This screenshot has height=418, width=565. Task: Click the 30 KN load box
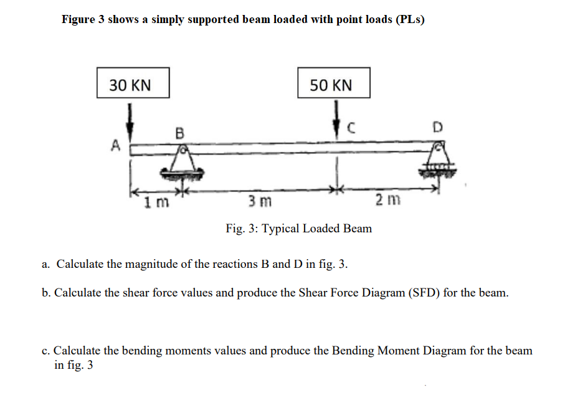(x=133, y=83)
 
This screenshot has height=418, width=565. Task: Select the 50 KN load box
(x=334, y=83)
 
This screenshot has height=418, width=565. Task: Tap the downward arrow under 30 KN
(x=130, y=120)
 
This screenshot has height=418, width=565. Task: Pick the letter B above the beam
(x=180, y=133)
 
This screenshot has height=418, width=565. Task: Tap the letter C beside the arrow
(x=351, y=129)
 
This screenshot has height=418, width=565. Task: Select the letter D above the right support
(x=438, y=128)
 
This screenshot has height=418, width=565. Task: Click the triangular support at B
(x=182, y=161)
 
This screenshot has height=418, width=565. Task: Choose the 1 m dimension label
(x=153, y=202)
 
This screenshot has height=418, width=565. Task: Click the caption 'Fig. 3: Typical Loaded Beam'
(x=298, y=229)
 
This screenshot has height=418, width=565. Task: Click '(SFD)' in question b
(x=424, y=292)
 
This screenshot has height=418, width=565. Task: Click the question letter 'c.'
(x=47, y=351)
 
